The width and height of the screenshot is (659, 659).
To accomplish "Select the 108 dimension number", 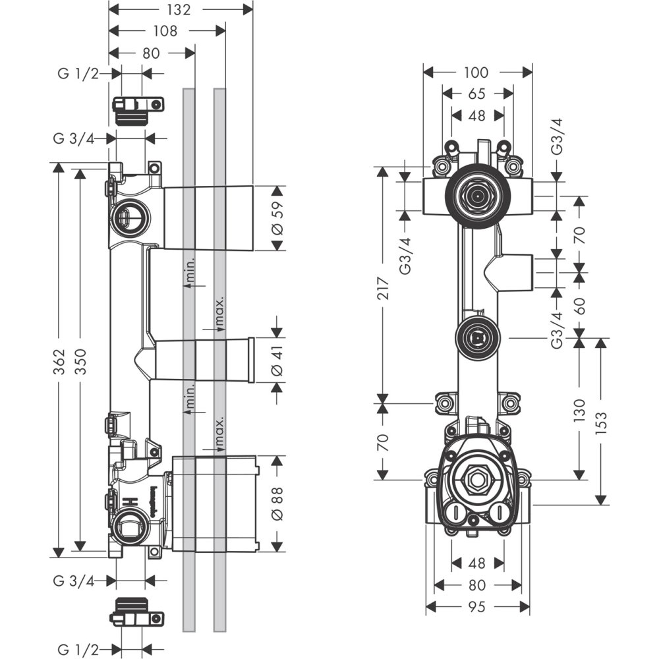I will click(165, 30).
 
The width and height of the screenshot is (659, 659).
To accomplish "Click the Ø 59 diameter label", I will click(277, 219).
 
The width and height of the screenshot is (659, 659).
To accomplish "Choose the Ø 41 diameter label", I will click(277, 360).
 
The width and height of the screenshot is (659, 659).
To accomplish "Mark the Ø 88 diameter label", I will click(277, 503).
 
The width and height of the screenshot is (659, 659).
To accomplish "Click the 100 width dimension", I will click(476, 72).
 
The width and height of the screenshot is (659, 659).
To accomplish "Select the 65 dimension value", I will click(477, 94).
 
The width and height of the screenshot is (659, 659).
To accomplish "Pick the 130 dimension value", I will click(580, 410).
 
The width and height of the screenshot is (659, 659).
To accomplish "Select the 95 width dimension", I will click(476, 607).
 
